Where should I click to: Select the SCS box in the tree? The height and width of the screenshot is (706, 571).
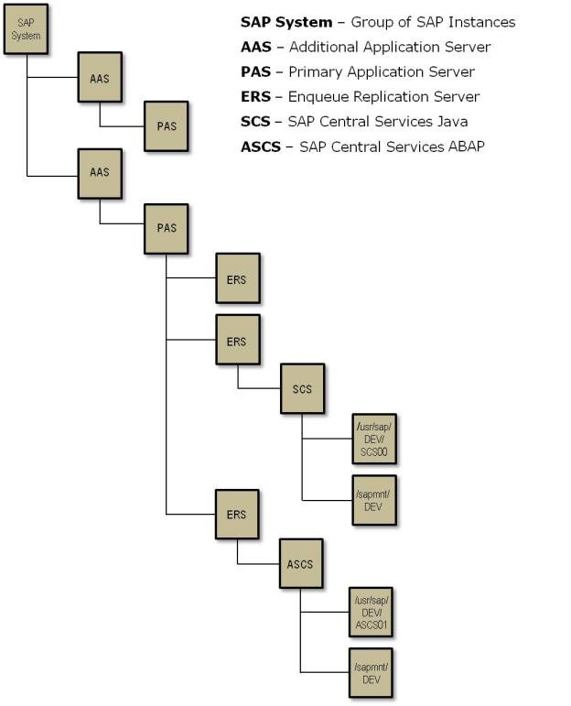point(302,388)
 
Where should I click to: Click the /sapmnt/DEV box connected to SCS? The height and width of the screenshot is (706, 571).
point(374,499)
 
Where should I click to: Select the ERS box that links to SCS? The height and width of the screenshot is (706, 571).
point(236,341)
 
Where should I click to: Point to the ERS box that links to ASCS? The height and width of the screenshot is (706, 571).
point(236,515)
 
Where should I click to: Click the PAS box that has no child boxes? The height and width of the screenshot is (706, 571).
point(166,125)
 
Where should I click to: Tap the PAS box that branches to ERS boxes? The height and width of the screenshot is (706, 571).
point(166,228)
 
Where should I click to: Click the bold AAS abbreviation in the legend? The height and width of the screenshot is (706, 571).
point(255,47)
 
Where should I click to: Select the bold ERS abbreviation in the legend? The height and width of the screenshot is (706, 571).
point(255,97)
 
